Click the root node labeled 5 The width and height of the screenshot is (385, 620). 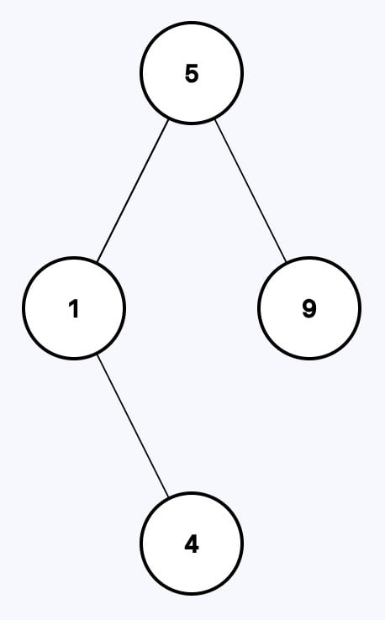coord(192,73)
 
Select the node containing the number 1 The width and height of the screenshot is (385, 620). coord(74,308)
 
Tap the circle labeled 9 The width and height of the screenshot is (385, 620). coord(309,308)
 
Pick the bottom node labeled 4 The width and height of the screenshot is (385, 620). coord(192,544)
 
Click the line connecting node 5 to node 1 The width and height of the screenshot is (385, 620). coord(133,191)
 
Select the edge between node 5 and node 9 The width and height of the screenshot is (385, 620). coord(250,191)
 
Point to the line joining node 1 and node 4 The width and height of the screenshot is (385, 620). coord(133,426)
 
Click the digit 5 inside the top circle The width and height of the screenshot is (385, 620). coord(192,74)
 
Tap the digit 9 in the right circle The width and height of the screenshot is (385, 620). coord(309,308)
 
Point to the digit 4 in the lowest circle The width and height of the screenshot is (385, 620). coord(192,544)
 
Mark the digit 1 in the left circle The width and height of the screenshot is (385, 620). coord(74,308)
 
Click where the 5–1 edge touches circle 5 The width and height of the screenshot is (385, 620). coord(169,119)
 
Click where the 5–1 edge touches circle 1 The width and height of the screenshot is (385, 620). coord(98,262)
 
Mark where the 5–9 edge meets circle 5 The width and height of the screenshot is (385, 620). coord(214,119)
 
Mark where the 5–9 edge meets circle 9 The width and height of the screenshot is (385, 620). coord(286,262)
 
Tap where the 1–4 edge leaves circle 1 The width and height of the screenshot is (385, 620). coord(98,355)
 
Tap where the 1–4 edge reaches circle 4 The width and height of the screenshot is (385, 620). coord(169,497)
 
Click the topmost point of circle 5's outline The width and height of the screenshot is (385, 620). coord(192,22)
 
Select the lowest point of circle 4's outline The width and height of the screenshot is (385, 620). coord(192,594)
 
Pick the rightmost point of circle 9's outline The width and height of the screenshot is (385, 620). coord(360,308)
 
